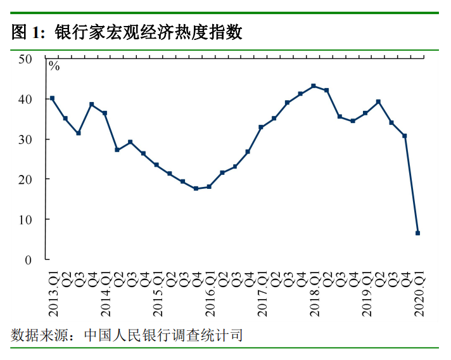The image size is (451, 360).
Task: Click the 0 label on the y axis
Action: pyautogui.click(x=29, y=260)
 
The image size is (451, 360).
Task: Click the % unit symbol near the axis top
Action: pyautogui.click(x=54, y=66)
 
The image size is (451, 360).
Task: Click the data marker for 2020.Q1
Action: pyautogui.click(x=417, y=233)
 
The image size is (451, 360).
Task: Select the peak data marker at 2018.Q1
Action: pyautogui.click(x=314, y=86)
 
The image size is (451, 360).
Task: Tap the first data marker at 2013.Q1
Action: pyautogui.click(x=52, y=98)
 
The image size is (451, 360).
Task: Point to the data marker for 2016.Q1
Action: pyautogui.click(x=209, y=187)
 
